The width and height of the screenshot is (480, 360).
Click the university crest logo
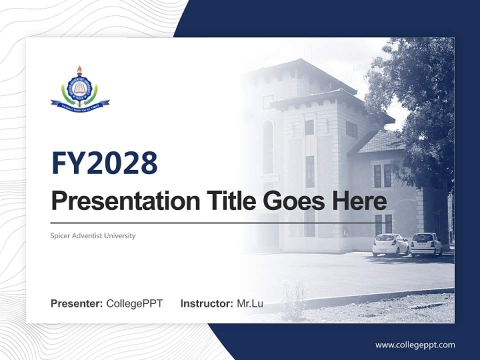[x=79, y=90]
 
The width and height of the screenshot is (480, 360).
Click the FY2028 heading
[x=104, y=163]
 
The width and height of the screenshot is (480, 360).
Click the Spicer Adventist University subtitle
[x=93, y=235]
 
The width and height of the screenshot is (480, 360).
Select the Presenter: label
[x=77, y=303]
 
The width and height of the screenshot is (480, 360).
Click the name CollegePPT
[x=134, y=303]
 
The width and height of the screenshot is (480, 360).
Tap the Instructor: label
[x=206, y=303]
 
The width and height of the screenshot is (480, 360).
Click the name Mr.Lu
[x=250, y=303]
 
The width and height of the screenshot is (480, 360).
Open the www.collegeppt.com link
[x=415, y=345]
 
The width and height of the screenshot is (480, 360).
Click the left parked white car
[x=390, y=245]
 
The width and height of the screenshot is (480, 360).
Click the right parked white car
[x=426, y=244]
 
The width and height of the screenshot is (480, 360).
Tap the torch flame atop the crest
[x=79, y=69]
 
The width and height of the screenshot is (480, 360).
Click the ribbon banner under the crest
[x=79, y=105]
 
